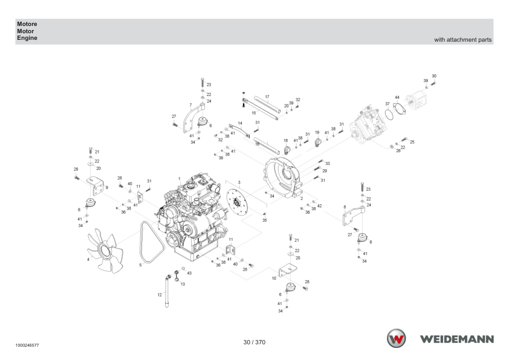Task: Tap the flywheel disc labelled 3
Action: (236, 203)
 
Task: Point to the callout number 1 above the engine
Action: (179, 179)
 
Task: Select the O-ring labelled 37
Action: (389, 114)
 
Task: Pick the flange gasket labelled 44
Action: (399, 108)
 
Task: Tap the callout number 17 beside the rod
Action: (267, 97)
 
